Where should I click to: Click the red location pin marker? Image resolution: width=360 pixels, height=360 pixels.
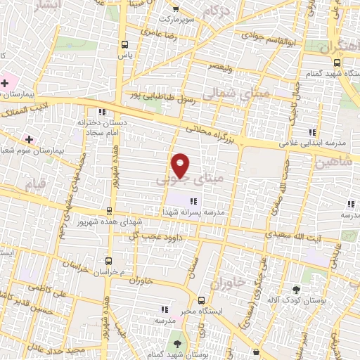181,165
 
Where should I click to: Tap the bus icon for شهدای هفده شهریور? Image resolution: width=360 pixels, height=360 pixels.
108,210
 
